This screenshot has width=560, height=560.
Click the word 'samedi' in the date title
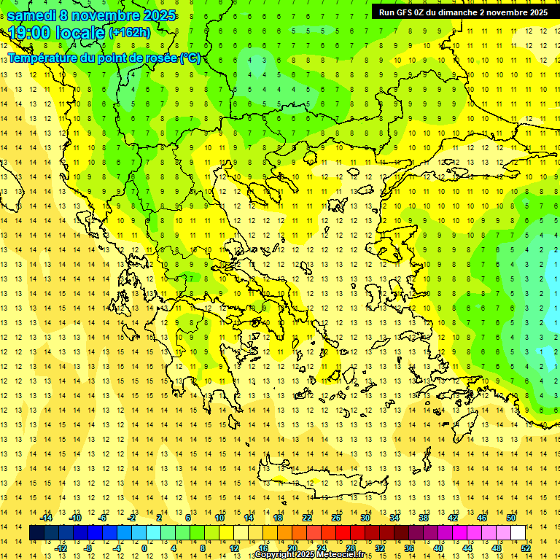click(x=31, y=15)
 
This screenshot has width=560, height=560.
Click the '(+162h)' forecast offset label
click(x=129, y=33)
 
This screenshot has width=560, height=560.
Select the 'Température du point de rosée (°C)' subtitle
click(x=104, y=58)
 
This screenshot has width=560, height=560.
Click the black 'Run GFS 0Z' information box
click(x=463, y=12)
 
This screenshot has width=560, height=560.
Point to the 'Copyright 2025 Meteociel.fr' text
click(x=314, y=555)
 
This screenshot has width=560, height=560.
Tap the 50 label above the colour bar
click(x=510, y=518)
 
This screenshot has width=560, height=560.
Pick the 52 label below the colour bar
click(x=526, y=548)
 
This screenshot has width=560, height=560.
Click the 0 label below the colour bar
click(x=144, y=548)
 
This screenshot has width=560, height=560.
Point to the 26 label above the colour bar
click(x=335, y=518)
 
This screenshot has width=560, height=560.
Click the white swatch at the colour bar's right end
click(x=518, y=533)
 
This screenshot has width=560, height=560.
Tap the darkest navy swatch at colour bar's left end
click(x=36, y=533)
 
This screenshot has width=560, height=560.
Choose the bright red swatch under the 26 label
click(x=343, y=533)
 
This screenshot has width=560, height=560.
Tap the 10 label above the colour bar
click(x=219, y=518)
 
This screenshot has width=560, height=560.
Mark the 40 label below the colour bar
click(x=438, y=548)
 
